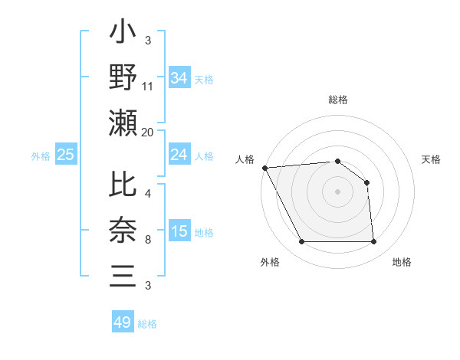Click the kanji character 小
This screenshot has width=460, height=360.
[123, 35]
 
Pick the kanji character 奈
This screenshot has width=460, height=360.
[123, 231]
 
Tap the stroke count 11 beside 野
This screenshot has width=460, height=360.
[148, 87]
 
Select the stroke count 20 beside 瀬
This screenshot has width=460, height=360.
[148, 132]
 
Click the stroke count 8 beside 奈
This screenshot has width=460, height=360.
[148, 241]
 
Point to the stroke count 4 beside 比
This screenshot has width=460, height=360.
[148, 195]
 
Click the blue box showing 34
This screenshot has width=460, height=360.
[179, 77]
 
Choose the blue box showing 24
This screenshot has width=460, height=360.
[179, 155]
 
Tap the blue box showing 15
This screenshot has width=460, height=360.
[179, 232]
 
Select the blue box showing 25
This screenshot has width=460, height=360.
[65, 155]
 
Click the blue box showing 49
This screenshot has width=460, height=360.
[122, 322]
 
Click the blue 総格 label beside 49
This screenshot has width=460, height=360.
[147, 324]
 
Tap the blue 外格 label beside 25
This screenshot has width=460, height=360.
[41, 156]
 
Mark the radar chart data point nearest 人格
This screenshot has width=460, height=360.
[264, 168]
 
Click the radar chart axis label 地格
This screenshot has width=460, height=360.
[402, 262]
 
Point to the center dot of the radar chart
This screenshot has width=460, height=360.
[337, 191]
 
